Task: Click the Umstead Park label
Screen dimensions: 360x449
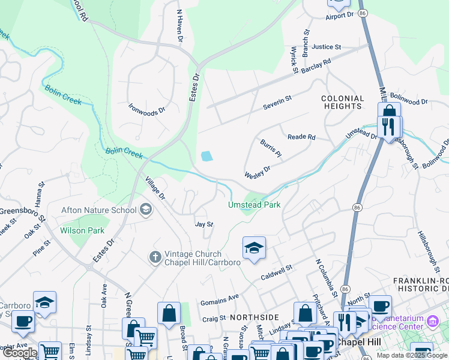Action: coord(254,205)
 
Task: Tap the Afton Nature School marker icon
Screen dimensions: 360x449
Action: coord(145,210)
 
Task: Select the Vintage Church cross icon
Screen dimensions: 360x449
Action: coord(155,257)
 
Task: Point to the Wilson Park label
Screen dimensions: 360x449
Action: coord(82,230)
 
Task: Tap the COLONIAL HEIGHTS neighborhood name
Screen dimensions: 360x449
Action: coord(342,102)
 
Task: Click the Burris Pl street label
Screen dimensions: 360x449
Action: coord(271,148)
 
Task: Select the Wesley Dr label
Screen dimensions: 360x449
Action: coord(258,172)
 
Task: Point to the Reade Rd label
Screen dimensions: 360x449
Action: coord(301,137)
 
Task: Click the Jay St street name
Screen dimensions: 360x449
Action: coord(204,224)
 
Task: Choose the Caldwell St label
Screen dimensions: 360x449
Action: coord(276,273)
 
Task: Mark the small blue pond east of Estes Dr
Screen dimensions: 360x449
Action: coord(206,157)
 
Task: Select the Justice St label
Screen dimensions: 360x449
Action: coord(326,47)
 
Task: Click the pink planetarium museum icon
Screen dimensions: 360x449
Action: coord(432,322)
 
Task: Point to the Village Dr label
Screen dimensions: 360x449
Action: coord(155,188)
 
